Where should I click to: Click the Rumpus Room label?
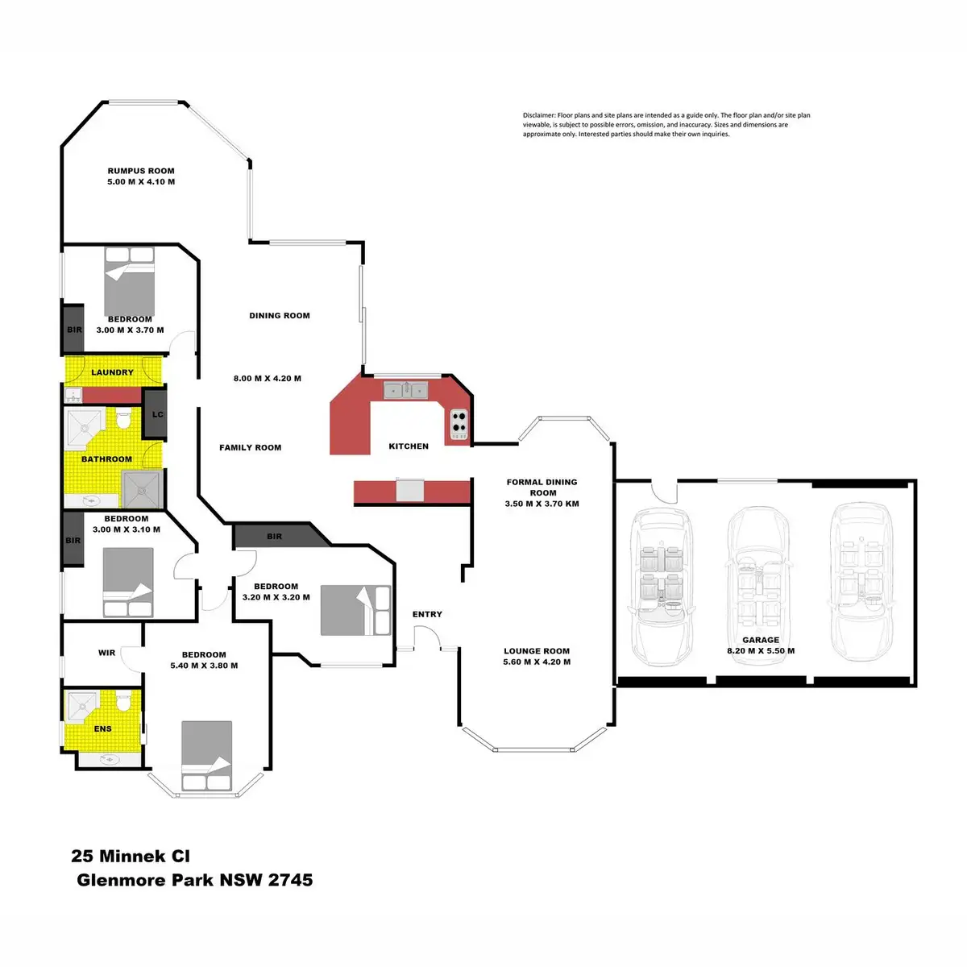[x=141, y=171]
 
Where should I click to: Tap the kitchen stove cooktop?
[x=459, y=421]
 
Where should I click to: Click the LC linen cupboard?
[x=156, y=414]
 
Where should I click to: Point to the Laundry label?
[x=112, y=372]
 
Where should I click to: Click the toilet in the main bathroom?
[x=124, y=420]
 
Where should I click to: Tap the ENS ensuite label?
[x=102, y=728]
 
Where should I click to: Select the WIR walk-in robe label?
[x=106, y=653]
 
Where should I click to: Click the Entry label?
[x=427, y=614]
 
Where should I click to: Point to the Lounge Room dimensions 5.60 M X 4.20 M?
[x=537, y=662]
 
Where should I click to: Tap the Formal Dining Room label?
[x=542, y=488]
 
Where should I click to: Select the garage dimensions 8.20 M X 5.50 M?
[x=761, y=651]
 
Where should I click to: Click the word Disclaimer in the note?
[x=539, y=116]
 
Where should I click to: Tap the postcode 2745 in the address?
[x=290, y=879]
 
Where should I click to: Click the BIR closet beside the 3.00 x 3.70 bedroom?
[x=74, y=330]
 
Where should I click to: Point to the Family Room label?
[x=250, y=447]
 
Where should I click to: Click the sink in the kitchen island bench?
[x=410, y=489]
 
